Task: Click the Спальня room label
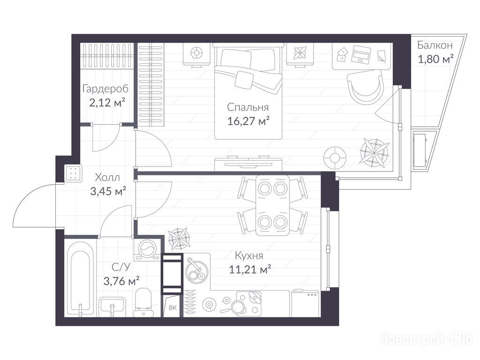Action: tap(248, 107)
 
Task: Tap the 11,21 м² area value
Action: tap(250, 270)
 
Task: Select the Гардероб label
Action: tap(106, 89)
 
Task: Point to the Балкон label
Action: tap(434, 45)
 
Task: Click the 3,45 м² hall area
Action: tap(108, 191)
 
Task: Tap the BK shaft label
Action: tap(173, 307)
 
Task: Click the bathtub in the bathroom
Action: tap(80, 278)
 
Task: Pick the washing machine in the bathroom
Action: tap(147, 249)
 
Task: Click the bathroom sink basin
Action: tap(112, 307)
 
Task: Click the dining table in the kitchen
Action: tap(273, 205)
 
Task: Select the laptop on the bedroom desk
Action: tap(362, 54)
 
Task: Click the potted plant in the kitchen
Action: tap(179, 239)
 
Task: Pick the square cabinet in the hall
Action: tap(73, 173)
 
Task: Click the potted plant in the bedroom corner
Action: tap(374, 153)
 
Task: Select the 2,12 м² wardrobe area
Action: tap(107, 103)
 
